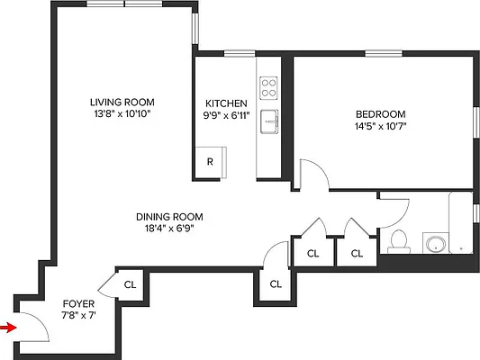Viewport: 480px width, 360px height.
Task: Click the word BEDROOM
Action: pyautogui.click(x=381, y=113)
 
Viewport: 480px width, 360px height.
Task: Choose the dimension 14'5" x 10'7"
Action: pyautogui.click(x=381, y=126)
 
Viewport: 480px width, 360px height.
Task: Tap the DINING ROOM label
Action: pyautogui.click(x=169, y=216)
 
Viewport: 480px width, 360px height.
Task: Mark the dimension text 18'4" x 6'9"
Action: pyautogui.click(x=169, y=229)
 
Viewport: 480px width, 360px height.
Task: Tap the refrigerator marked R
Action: pyautogui.click(x=209, y=163)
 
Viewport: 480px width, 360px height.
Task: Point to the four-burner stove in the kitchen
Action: pyautogui.click(x=268, y=87)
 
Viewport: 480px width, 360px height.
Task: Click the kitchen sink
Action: pyautogui.click(x=267, y=121)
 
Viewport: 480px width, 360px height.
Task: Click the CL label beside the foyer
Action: pyautogui.click(x=130, y=284)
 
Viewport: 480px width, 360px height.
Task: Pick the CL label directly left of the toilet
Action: pyautogui.click(x=357, y=254)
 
